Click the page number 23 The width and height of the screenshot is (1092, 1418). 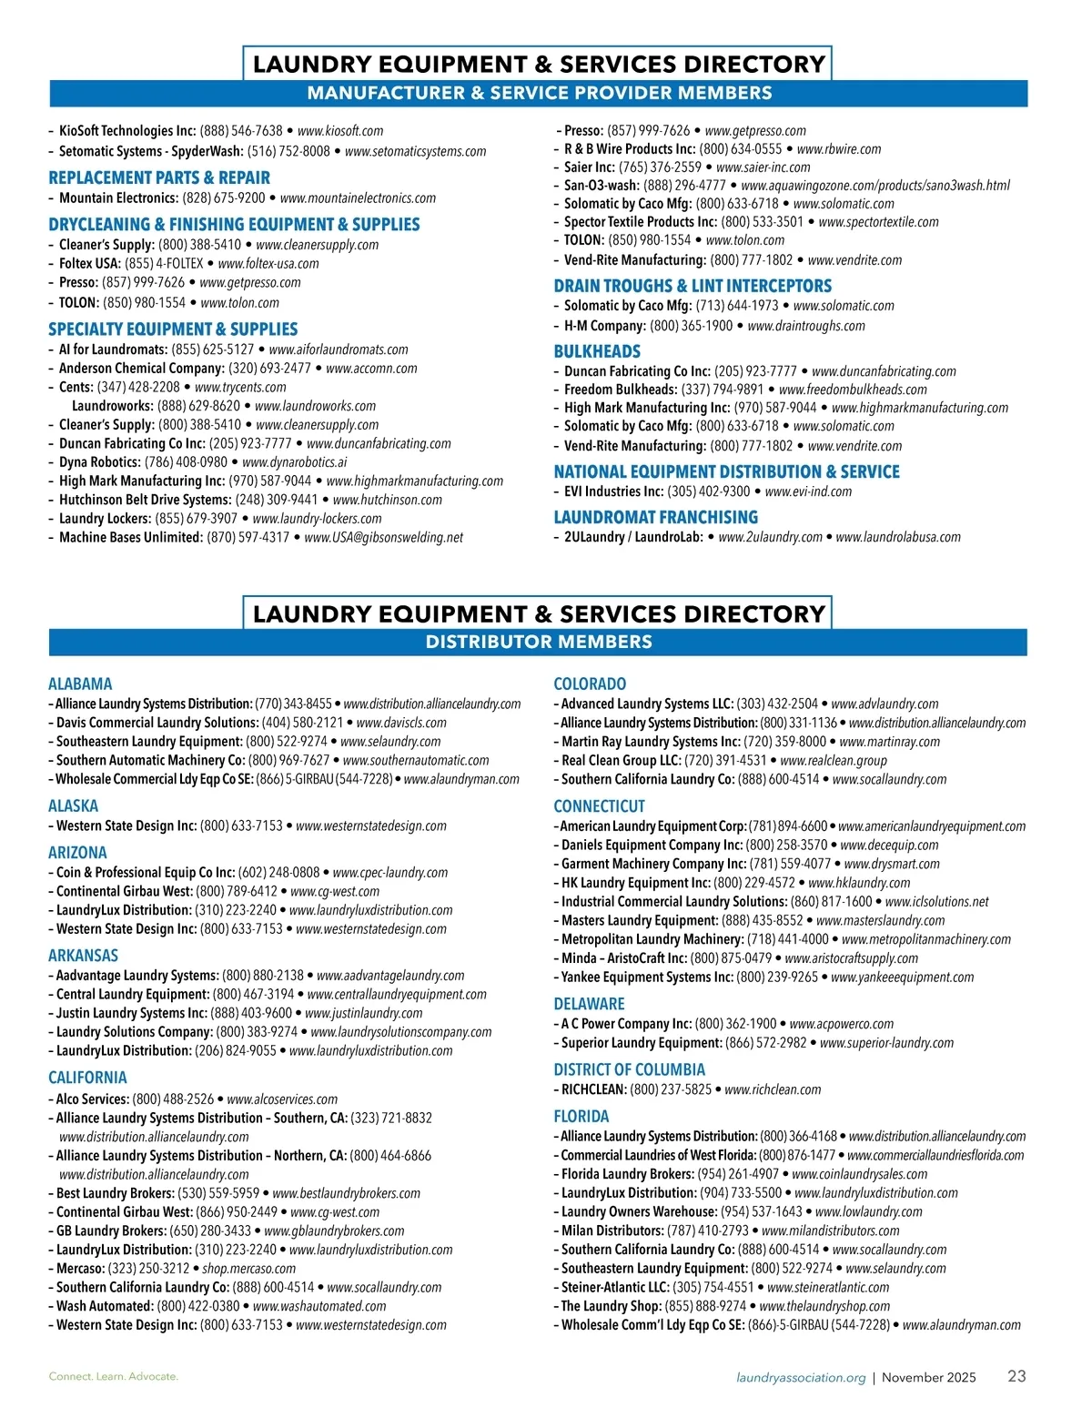click(x=1016, y=1376)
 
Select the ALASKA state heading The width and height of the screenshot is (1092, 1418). click(x=73, y=805)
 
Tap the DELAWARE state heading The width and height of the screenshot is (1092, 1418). click(x=589, y=1004)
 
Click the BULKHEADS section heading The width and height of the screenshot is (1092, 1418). click(x=597, y=351)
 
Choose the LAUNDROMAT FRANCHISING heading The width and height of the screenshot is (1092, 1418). click(x=655, y=517)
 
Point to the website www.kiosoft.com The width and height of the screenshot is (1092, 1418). click(x=340, y=131)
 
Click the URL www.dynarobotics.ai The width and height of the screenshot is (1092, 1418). click(x=295, y=462)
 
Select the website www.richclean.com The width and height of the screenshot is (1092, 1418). click(x=773, y=1089)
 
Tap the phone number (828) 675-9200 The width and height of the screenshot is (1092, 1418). click(x=224, y=198)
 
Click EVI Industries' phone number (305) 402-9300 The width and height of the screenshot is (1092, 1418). click(x=709, y=491)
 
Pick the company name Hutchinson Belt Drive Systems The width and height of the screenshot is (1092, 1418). click(x=145, y=500)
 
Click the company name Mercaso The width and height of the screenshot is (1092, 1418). click(x=80, y=1268)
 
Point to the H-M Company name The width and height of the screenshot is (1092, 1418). click(x=605, y=326)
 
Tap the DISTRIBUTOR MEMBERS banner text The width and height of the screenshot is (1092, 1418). click(x=539, y=642)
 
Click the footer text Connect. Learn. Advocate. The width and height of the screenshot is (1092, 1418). click(x=114, y=1376)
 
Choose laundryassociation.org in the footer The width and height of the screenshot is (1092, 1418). click(x=801, y=1377)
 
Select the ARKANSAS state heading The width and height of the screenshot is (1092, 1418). click(x=83, y=956)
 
